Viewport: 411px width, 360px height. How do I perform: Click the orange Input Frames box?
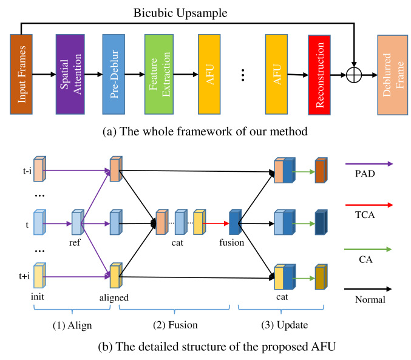(x=21, y=74)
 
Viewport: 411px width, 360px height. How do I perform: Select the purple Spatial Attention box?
(x=70, y=74)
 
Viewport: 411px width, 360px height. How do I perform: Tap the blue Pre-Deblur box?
(x=114, y=74)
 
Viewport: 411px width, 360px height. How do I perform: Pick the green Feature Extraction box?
(x=159, y=74)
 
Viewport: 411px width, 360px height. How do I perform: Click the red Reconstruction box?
(x=319, y=75)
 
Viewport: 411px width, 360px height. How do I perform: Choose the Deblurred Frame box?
(x=393, y=75)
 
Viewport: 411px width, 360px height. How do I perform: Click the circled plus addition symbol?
(x=354, y=75)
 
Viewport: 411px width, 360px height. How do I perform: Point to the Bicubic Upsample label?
(x=180, y=13)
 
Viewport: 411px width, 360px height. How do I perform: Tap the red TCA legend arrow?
(x=369, y=205)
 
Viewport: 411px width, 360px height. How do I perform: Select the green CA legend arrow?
(x=368, y=250)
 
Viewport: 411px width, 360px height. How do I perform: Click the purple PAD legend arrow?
(x=369, y=164)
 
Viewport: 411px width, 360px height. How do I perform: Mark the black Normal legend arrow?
(x=368, y=289)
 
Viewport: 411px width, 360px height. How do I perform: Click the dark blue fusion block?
(x=235, y=222)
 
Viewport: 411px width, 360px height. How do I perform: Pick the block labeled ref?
(x=78, y=222)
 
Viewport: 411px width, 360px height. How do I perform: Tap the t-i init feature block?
(x=40, y=169)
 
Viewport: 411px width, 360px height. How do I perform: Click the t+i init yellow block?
(x=40, y=275)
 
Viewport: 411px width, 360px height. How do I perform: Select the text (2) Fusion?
(x=175, y=325)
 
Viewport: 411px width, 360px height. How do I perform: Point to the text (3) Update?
(x=285, y=325)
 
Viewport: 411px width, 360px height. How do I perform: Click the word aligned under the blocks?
(x=114, y=298)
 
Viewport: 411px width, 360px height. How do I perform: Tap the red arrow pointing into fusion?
(x=216, y=223)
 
